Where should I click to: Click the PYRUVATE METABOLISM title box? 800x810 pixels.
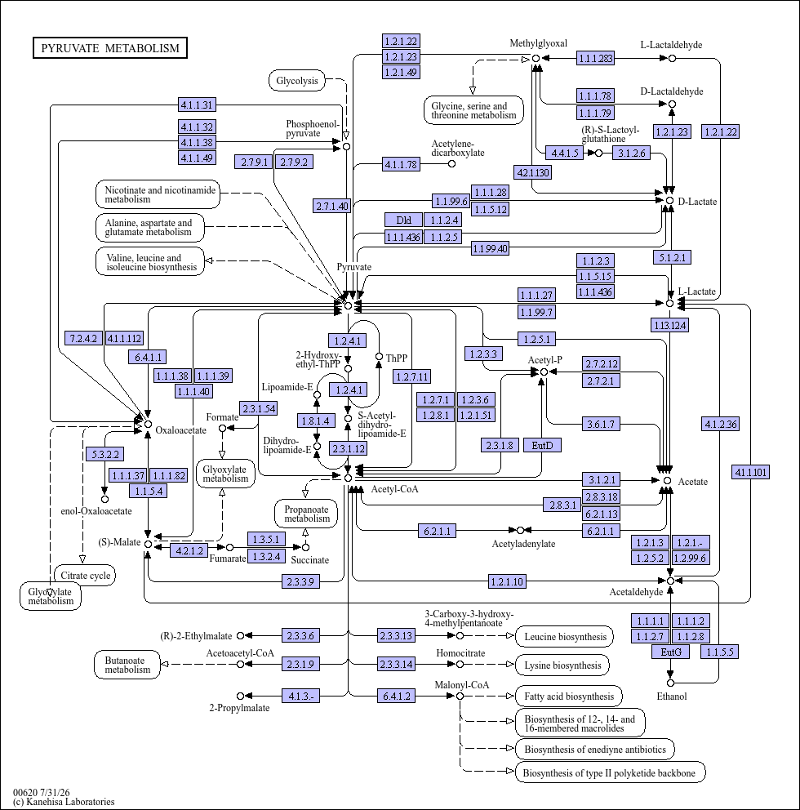click(x=110, y=48)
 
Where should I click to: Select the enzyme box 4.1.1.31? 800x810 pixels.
click(x=197, y=105)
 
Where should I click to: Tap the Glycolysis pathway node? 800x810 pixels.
click(x=297, y=81)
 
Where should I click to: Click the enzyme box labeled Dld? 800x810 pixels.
click(x=403, y=220)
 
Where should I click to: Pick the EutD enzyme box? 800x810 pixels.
click(x=542, y=445)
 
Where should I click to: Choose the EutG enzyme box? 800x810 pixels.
click(x=671, y=652)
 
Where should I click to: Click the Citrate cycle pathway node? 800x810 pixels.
click(x=85, y=576)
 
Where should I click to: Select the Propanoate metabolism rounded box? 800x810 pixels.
click(x=306, y=514)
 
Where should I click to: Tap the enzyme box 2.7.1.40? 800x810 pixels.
click(x=332, y=206)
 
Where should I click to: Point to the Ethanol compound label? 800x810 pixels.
click(x=671, y=697)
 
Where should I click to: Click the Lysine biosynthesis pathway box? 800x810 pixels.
click(x=562, y=665)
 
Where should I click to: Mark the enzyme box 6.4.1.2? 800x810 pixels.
click(x=396, y=697)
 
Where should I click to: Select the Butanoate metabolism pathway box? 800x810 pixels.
click(x=127, y=665)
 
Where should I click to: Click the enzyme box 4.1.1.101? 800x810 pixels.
click(x=750, y=472)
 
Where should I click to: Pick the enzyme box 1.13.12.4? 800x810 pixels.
click(x=670, y=326)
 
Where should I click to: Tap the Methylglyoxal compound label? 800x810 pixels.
click(x=538, y=43)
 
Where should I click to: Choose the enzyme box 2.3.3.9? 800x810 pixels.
click(x=300, y=581)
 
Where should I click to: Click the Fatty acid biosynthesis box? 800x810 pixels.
click(x=569, y=697)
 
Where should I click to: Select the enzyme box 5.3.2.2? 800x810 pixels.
click(x=104, y=455)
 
